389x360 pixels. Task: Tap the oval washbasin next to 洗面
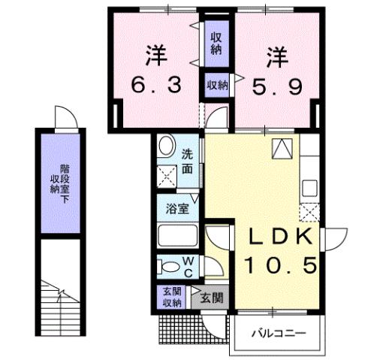(167, 146)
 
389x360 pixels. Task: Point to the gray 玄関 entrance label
(212, 298)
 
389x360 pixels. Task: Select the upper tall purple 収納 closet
(216, 44)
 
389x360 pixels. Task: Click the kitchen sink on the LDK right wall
(310, 186)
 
